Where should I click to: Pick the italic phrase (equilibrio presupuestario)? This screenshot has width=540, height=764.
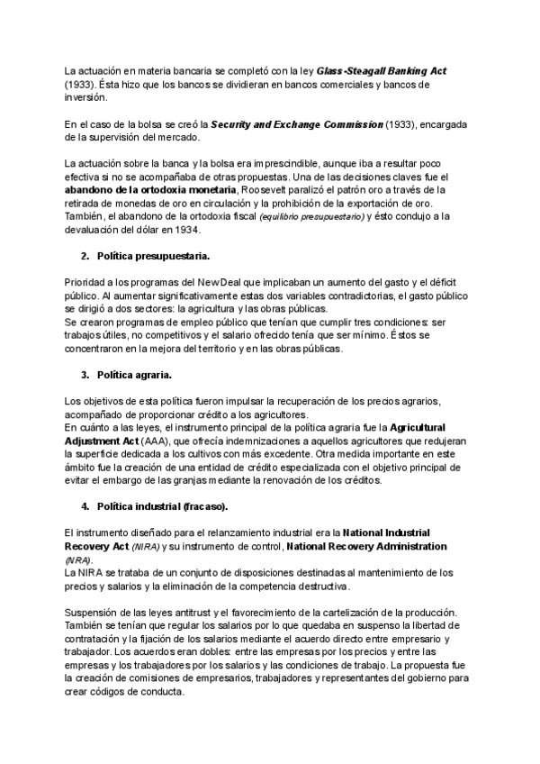click(311, 217)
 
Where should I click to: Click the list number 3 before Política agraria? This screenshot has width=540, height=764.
click(85, 374)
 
